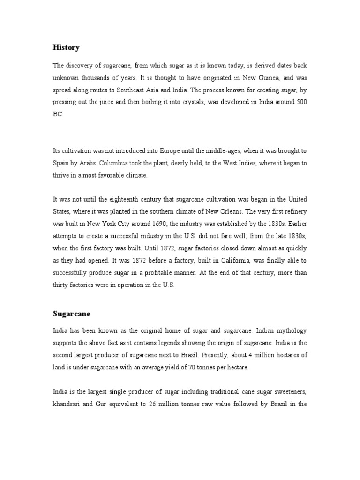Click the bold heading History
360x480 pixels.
[x=66, y=47]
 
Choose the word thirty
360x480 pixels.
[x=61, y=284]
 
